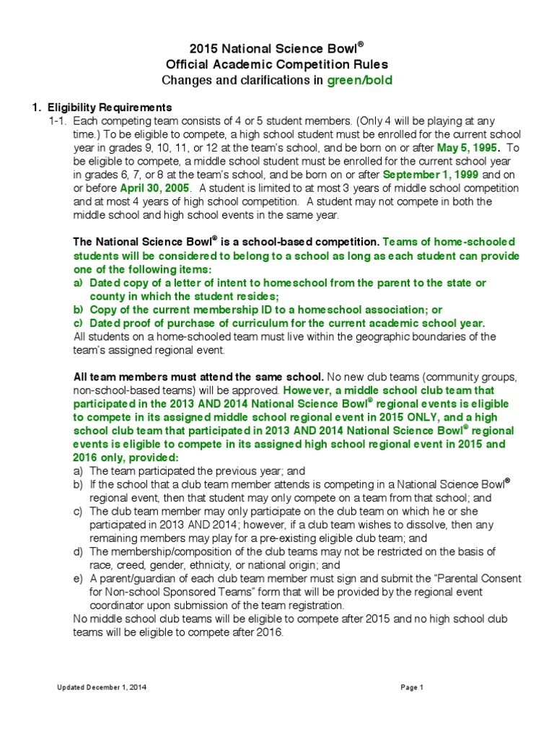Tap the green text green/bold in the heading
[360, 80]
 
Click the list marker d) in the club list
[79, 551]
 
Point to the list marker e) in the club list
[79, 579]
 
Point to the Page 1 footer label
[412, 688]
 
